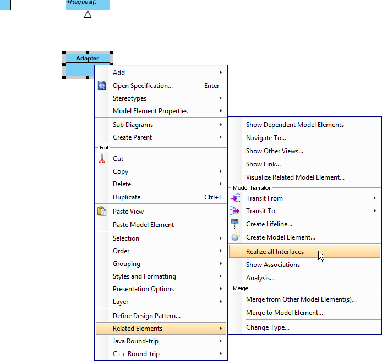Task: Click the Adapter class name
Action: click(88, 58)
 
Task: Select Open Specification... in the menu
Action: click(143, 86)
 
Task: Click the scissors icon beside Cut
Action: click(101, 159)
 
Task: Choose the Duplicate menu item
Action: click(127, 197)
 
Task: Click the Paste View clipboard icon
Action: click(101, 212)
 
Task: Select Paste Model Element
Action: click(143, 225)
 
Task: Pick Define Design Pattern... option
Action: click(146, 316)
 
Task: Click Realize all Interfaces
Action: click(275, 252)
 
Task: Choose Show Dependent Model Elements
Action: click(294, 125)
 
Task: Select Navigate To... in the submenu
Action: click(266, 138)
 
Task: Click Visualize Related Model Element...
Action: click(295, 177)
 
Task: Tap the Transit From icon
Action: click(235, 198)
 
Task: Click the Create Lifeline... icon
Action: click(235, 224)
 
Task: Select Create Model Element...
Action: click(280, 237)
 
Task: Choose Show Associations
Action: click(273, 265)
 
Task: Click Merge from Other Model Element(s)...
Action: click(301, 299)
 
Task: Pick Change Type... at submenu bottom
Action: click(268, 327)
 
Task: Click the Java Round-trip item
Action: click(136, 341)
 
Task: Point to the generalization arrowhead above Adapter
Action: click(88, 14)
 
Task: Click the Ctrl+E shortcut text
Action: click(213, 197)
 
